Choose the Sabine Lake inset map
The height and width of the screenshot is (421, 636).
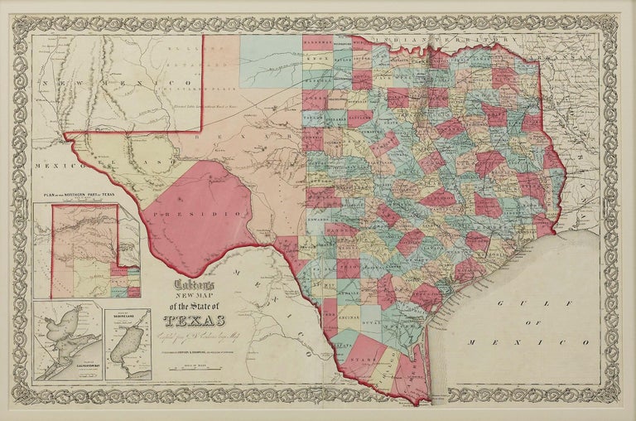128,344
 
